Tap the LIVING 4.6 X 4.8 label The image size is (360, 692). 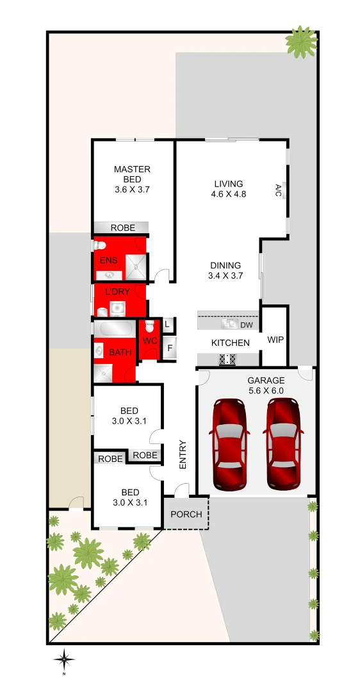pos(229,189)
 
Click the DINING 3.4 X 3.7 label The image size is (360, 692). pos(224,270)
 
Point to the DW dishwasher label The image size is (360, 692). pos(247,325)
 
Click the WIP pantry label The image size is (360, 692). pos(275,340)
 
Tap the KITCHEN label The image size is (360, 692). pos(231,343)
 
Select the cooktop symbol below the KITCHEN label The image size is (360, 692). pos(227,359)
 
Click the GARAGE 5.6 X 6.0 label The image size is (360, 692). pos(266,385)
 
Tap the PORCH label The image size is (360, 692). pos(186,515)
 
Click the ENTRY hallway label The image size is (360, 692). pos(183,454)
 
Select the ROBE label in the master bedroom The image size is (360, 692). pos(122,227)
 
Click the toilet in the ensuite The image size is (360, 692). pos(100,245)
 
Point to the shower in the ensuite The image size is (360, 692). pos(136,267)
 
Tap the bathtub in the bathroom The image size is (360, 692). pos(114,329)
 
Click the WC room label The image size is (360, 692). pos(150,340)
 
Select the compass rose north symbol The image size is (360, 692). pos(64,658)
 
